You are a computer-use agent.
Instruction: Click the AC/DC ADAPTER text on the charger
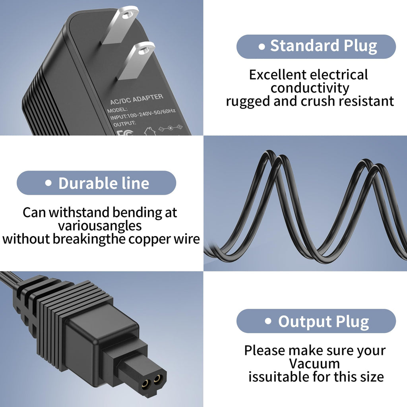click(137, 99)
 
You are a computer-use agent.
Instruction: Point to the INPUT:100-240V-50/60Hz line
click(143, 114)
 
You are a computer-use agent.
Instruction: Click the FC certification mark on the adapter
click(125, 133)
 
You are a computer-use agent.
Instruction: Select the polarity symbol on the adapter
click(170, 128)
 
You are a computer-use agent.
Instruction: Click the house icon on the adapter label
click(150, 131)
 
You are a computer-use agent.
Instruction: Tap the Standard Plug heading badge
click(316, 47)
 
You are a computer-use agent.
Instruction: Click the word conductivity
click(310, 88)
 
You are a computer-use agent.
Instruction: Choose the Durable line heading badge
click(96, 183)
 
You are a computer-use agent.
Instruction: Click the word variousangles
click(100, 226)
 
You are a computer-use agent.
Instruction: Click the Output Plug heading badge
click(316, 321)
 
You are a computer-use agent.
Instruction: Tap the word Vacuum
click(314, 363)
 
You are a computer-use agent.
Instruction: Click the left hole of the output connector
click(146, 382)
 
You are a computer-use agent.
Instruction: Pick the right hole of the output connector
click(157, 379)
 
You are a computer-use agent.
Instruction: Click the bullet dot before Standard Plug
click(262, 47)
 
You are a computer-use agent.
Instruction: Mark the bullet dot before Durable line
click(48, 183)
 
